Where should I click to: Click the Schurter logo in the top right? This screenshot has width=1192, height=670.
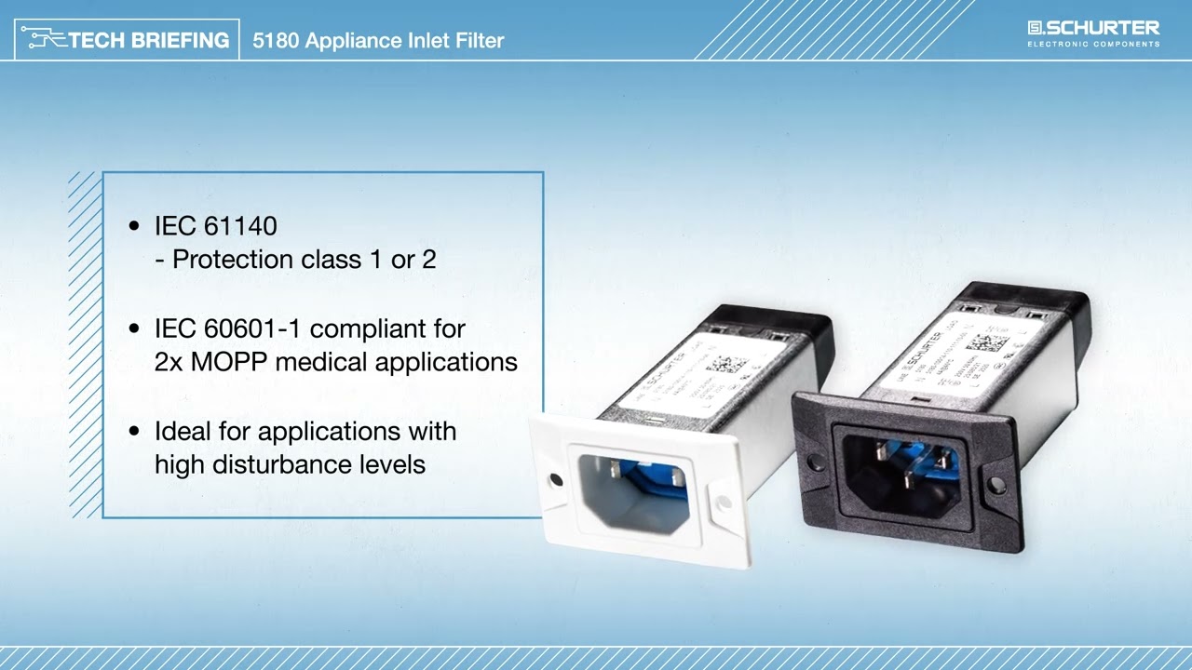point(1093,33)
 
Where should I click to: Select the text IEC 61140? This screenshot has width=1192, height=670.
point(215,226)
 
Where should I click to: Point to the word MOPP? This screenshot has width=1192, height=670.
point(229,361)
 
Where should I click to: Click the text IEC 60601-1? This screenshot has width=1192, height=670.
point(228,328)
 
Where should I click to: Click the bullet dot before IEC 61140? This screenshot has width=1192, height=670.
point(135,226)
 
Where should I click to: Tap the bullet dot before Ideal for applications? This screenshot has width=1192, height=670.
point(135,431)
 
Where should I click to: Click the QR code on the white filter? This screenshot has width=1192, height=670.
point(726,363)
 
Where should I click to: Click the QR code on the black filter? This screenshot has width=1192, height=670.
point(986,342)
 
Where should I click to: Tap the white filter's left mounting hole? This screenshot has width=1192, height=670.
point(556,480)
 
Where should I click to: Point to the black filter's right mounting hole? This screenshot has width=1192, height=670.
point(996,484)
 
